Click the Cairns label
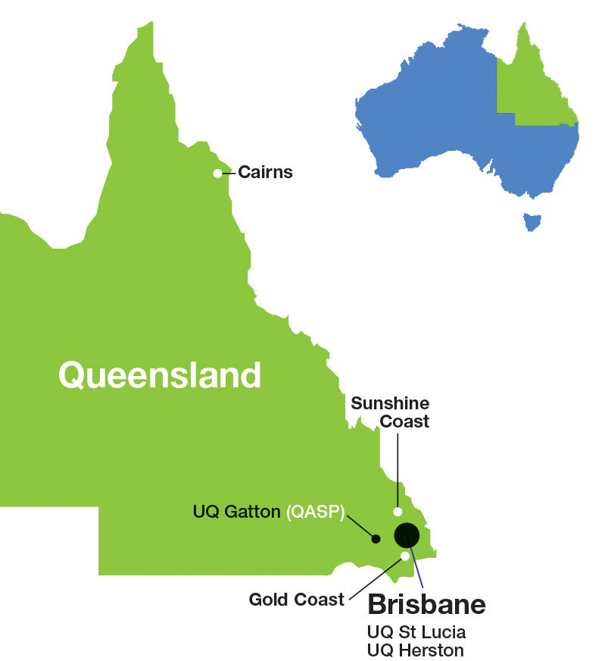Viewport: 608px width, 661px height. (x=265, y=173)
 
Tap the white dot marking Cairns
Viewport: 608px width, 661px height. (x=218, y=174)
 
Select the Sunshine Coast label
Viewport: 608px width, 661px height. (x=390, y=412)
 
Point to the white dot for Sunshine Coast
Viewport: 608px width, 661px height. (x=398, y=512)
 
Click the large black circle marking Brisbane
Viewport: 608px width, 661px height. (x=407, y=535)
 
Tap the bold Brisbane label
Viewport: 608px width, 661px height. (x=426, y=605)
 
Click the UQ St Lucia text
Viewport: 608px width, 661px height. (x=416, y=631)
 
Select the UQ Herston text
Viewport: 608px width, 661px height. (x=415, y=650)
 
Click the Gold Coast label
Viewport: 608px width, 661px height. (x=297, y=600)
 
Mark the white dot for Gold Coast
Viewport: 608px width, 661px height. (x=405, y=556)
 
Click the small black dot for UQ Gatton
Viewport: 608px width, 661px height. (x=376, y=539)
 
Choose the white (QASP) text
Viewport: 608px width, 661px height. (x=315, y=512)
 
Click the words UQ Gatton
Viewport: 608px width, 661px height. (x=236, y=512)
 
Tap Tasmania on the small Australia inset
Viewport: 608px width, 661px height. (x=533, y=222)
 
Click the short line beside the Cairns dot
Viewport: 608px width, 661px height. (x=229, y=173)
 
